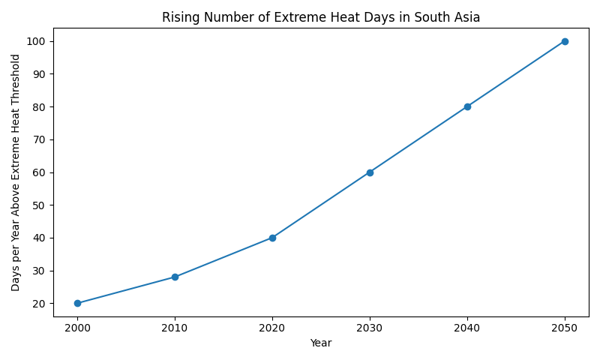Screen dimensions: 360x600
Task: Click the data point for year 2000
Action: click(x=77, y=303)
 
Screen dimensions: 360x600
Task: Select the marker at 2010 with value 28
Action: click(x=175, y=277)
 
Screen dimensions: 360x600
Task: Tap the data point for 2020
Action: click(x=272, y=238)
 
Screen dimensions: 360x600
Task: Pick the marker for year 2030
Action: click(x=370, y=172)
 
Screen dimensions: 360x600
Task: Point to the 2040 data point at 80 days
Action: click(x=467, y=106)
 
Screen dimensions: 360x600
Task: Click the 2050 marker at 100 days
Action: click(x=565, y=41)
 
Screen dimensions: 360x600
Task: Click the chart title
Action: click(x=321, y=17)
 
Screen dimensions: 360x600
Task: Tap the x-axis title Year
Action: click(x=321, y=343)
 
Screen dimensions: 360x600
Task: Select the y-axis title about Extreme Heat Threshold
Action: click(x=16, y=172)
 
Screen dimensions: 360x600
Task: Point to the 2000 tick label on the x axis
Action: click(x=77, y=328)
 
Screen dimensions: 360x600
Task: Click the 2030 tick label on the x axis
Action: click(x=370, y=328)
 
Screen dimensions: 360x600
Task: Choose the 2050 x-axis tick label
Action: click(x=565, y=328)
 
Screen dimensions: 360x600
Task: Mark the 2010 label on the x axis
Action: click(x=175, y=328)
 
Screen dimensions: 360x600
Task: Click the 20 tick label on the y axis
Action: click(x=41, y=304)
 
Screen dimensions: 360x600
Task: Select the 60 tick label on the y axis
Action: click(x=41, y=172)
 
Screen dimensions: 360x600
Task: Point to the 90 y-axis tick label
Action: click(x=41, y=74)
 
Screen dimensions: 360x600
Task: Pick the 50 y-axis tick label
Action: click(x=41, y=205)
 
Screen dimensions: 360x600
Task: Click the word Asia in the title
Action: click(x=466, y=17)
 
